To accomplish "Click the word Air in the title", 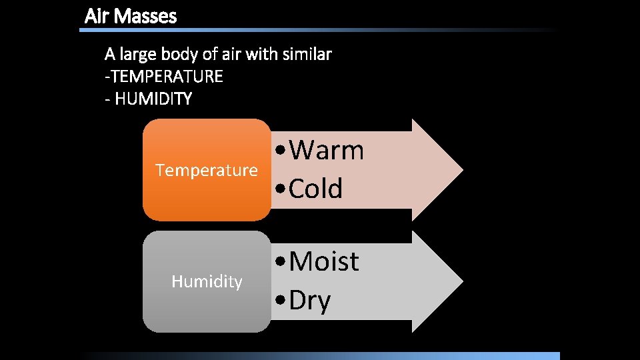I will [x=97, y=16].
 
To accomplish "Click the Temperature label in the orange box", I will [x=207, y=171].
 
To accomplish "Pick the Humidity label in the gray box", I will [x=207, y=282].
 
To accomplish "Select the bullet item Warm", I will [x=327, y=151].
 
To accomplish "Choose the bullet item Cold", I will [x=316, y=189].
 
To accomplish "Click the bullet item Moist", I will [x=324, y=261].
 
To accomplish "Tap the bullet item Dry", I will [x=310, y=301].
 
